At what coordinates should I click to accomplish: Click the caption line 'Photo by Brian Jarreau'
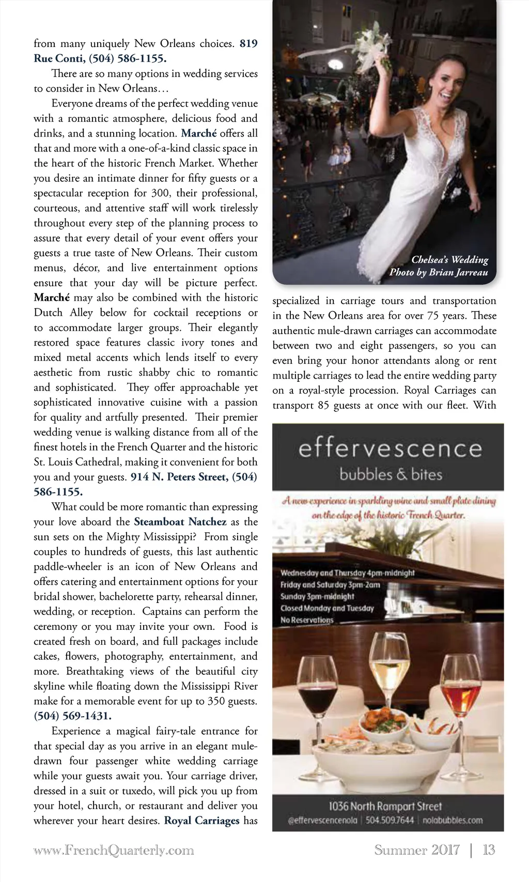coord(439,272)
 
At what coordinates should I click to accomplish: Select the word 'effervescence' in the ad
coord(390,448)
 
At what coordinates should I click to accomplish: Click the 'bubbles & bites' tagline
coord(391,474)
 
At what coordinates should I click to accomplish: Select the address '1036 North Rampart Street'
coord(385,806)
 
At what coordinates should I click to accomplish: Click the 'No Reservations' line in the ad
coord(307,620)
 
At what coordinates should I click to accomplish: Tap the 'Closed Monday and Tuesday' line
coord(327,608)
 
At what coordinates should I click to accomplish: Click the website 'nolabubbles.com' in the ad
coord(453,820)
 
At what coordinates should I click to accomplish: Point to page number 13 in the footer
coord(488,850)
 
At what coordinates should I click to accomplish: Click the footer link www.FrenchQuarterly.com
coord(114,850)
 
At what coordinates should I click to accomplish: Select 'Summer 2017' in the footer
coord(416,850)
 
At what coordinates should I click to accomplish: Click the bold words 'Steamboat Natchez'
coord(180,522)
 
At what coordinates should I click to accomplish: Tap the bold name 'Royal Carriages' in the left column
coord(201,821)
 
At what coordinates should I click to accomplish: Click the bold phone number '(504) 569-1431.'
coord(72,716)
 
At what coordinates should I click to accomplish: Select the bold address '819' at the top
coord(248,43)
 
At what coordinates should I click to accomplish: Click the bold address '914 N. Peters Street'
coord(178,477)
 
